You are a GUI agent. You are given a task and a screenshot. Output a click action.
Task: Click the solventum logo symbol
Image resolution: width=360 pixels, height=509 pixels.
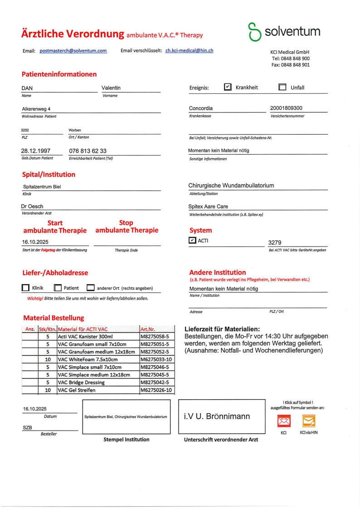pyautogui.click(x=254, y=32)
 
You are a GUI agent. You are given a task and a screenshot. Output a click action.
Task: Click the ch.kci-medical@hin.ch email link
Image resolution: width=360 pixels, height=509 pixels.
pyautogui.click(x=189, y=51)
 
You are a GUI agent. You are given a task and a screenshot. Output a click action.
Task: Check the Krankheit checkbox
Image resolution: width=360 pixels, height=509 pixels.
pyautogui.click(x=228, y=87)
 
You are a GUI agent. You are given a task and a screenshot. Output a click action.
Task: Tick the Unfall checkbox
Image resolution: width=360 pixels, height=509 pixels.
pyautogui.click(x=282, y=87)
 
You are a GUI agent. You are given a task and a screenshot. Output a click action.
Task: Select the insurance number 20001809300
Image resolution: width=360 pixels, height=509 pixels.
pyautogui.click(x=286, y=108)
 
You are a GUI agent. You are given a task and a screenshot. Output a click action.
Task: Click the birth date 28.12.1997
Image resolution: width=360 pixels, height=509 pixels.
pyautogui.click(x=36, y=150)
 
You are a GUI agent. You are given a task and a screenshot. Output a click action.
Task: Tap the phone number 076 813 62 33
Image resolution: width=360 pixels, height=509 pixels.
pyautogui.click(x=88, y=150)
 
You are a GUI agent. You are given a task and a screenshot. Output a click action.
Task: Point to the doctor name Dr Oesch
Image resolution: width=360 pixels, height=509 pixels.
pyautogui.click(x=33, y=206)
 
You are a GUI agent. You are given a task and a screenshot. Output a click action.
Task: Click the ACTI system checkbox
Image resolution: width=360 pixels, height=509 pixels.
pyautogui.click(x=192, y=240)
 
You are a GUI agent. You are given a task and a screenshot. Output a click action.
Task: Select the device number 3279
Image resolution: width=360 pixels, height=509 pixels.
pyautogui.click(x=275, y=242)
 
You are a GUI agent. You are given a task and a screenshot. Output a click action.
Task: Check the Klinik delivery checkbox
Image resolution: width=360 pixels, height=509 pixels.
pyautogui.click(x=25, y=288)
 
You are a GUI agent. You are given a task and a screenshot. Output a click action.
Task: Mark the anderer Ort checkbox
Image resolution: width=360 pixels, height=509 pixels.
pyautogui.click(x=91, y=288)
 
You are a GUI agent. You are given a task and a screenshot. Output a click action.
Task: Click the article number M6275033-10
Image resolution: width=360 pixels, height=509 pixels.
pyautogui.click(x=156, y=359)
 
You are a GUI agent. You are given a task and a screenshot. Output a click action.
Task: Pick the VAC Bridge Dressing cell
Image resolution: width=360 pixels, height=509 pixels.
pyautogui.click(x=81, y=382)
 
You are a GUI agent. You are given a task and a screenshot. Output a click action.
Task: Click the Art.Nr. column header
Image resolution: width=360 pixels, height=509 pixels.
pyautogui.click(x=148, y=329)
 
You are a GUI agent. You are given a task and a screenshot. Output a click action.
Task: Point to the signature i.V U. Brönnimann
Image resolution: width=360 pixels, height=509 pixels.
pyautogui.click(x=217, y=416)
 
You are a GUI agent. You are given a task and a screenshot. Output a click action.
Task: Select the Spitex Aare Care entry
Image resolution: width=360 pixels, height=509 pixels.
pyautogui.click(x=208, y=206)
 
